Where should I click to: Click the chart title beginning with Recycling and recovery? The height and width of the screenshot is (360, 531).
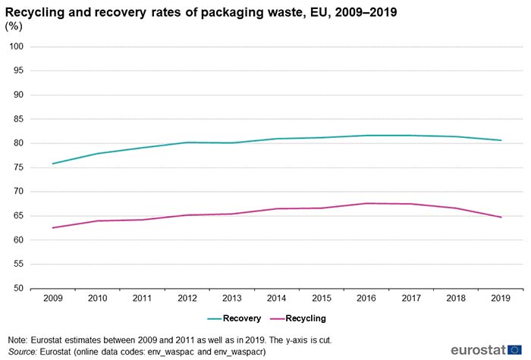click(x=201, y=12)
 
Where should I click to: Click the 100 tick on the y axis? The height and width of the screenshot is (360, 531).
click(x=17, y=47)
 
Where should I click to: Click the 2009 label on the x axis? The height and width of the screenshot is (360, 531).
click(x=52, y=299)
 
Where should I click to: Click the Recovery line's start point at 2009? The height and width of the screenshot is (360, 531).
click(x=52, y=164)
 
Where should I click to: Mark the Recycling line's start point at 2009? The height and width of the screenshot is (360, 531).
click(x=52, y=227)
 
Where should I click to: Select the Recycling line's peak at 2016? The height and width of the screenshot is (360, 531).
click(x=366, y=203)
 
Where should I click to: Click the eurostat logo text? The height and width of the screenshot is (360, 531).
click(x=478, y=349)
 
